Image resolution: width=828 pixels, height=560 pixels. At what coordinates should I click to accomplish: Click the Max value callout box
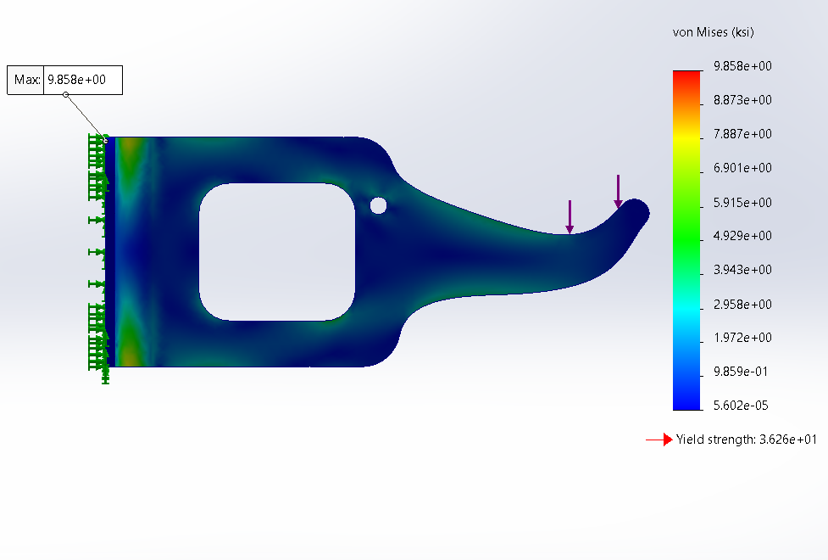coord(65,81)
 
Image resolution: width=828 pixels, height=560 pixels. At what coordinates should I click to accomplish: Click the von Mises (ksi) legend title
coord(713,32)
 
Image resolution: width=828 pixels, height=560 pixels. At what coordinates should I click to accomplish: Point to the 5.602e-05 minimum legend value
coord(740,406)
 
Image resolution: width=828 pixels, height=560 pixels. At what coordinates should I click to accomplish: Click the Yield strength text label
coord(746,440)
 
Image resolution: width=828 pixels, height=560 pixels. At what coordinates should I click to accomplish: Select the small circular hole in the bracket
coord(378,205)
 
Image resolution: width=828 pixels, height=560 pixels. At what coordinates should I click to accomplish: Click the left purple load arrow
coord(570,216)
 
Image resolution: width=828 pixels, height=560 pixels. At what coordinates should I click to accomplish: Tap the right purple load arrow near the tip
coord(619,191)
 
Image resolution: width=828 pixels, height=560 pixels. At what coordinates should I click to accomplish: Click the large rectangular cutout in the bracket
coord(276,252)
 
